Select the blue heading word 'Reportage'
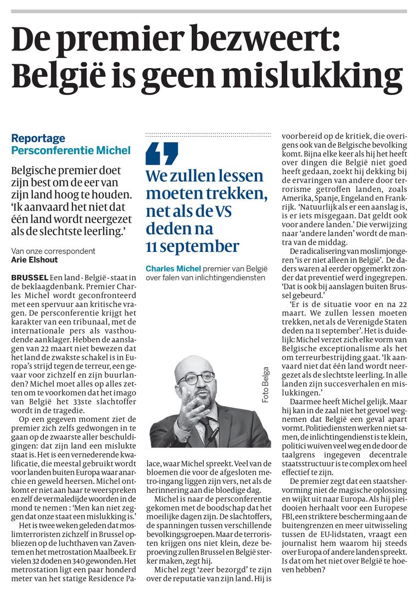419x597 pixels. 38,138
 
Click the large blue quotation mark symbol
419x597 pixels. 162,154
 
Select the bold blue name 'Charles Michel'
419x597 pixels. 173,268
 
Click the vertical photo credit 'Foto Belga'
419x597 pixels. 266,385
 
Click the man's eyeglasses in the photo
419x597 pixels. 197,379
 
